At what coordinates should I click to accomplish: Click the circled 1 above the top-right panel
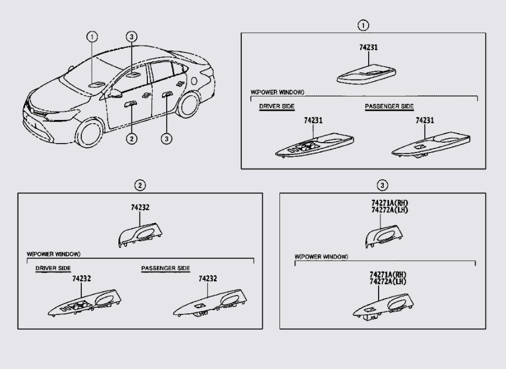(x=362, y=25)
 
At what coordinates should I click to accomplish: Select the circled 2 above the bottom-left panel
(x=140, y=185)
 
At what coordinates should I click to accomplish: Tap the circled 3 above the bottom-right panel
(x=383, y=185)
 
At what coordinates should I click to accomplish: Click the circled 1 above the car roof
(x=93, y=36)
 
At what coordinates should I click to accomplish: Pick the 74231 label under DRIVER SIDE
(x=313, y=120)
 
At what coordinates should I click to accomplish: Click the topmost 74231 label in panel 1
(x=368, y=47)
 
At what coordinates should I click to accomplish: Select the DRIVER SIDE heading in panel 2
(x=53, y=268)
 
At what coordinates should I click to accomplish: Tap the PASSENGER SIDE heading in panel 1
(x=389, y=106)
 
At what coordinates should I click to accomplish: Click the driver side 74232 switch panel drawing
(x=84, y=304)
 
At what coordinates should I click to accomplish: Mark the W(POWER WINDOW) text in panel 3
(x=321, y=257)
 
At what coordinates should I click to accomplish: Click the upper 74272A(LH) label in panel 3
(x=389, y=210)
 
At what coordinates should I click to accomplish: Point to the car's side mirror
(x=114, y=93)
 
